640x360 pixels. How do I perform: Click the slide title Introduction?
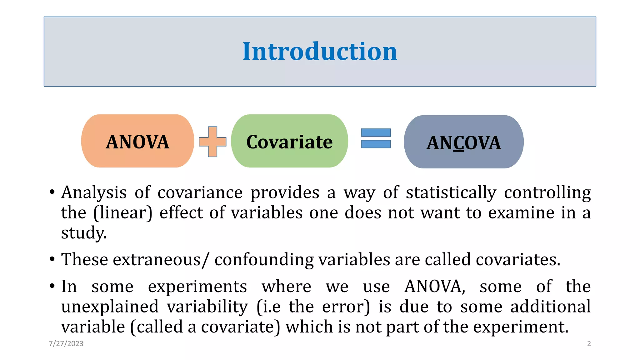click(320, 52)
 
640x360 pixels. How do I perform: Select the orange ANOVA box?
click(137, 141)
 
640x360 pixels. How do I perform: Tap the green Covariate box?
click(289, 141)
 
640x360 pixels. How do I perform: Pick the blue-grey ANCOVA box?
click(463, 142)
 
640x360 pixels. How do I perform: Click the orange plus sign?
click(212, 142)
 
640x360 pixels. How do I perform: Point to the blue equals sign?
click(376, 138)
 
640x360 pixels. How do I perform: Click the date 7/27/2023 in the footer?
click(66, 344)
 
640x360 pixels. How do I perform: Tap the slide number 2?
click(589, 344)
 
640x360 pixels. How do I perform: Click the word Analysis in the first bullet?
click(94, 193)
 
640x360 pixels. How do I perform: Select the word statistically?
click(451, 193)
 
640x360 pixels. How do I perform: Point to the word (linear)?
click(123, 213)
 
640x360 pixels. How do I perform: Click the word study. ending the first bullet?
click(84, 233)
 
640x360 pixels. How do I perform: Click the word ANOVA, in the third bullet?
click(435, 287)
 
